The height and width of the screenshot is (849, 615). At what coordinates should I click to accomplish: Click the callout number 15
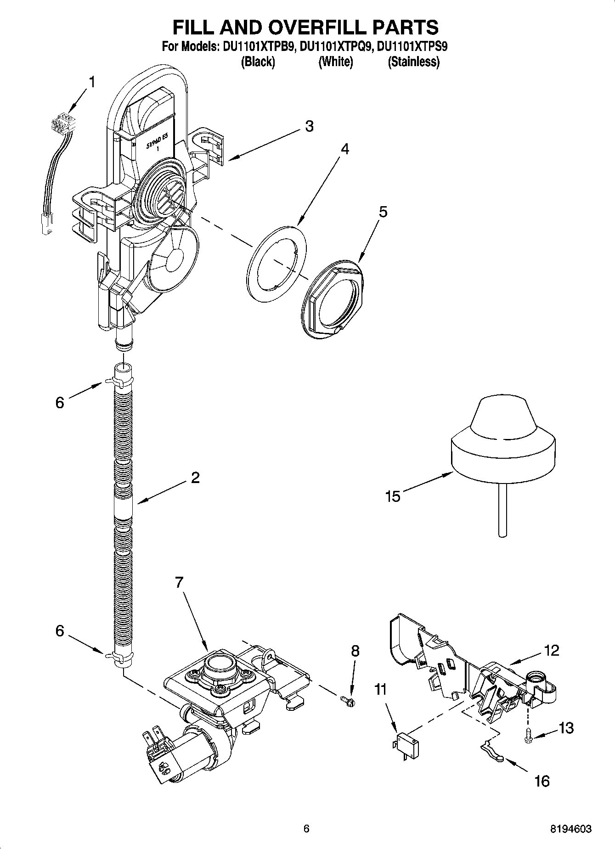click(x=393, y=496)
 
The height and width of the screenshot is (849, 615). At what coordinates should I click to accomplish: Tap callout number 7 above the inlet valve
click(x=179, y=583)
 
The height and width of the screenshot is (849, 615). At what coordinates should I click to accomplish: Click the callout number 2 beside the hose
click(x=195, y=478)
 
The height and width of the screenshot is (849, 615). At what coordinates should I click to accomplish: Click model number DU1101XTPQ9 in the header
click(x=335, y=47)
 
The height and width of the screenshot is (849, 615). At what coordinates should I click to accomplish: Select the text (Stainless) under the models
click(x=413, y=62)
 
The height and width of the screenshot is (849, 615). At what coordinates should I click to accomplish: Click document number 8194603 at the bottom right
click(x=571, y=829)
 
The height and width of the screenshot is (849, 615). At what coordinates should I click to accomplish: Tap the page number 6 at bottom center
click(x=306, y=829)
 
